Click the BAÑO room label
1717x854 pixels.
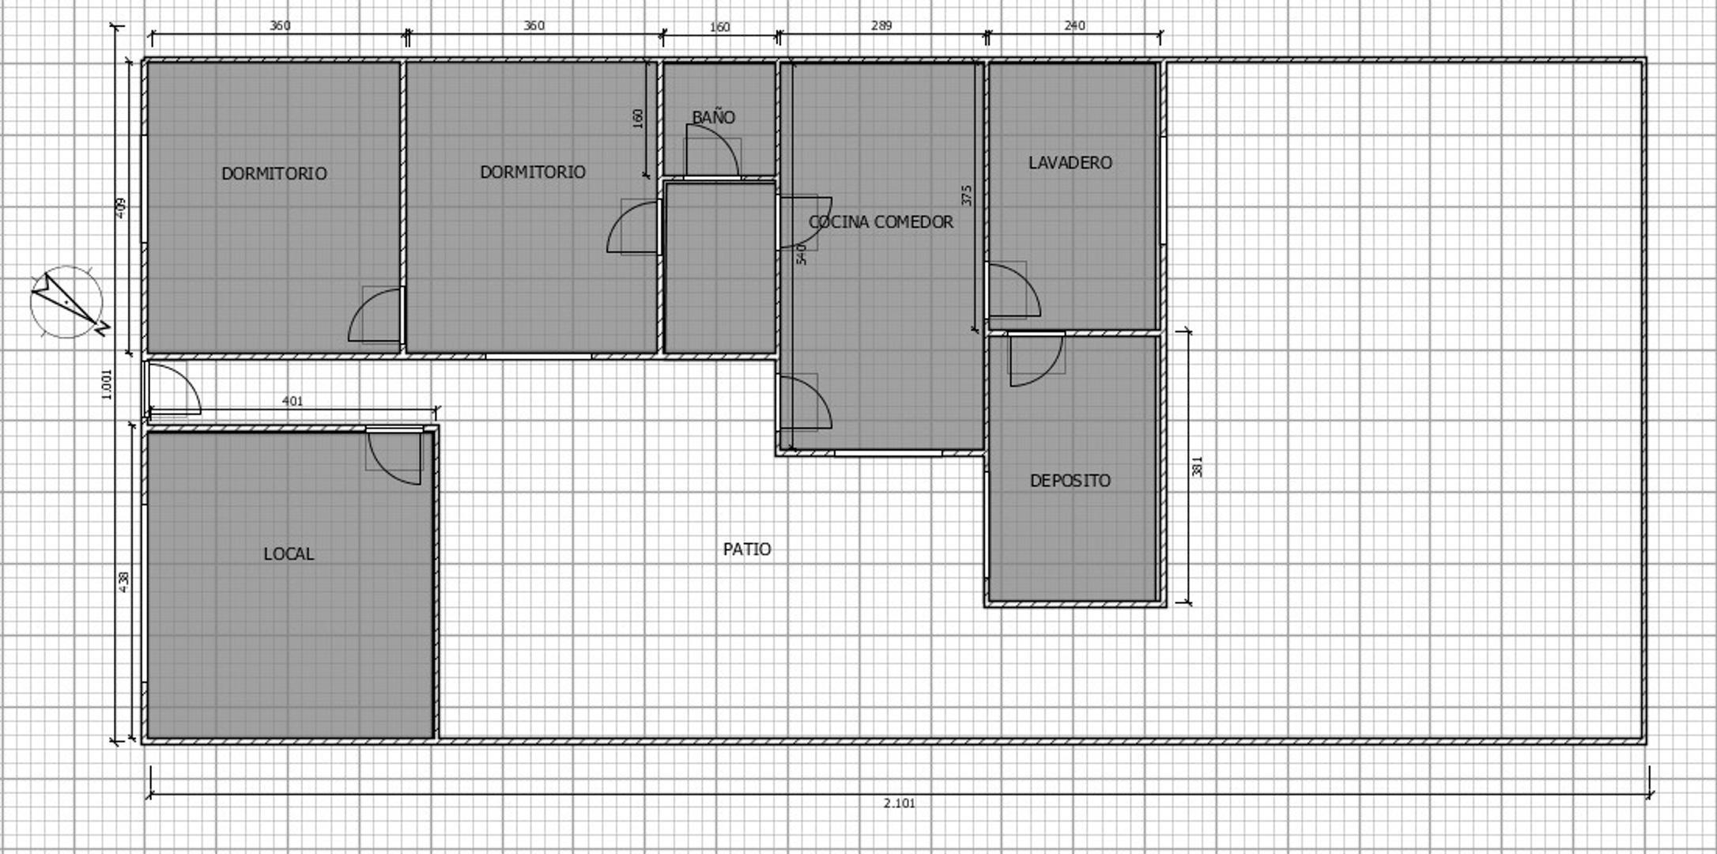(713, 118)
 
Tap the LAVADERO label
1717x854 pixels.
(1070, 163)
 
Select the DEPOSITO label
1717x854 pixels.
(1070, 481)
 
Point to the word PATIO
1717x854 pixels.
(746, 550)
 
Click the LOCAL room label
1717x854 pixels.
(288, 554)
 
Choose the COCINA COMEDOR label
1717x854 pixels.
(881, 222)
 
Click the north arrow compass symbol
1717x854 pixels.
(68, 302)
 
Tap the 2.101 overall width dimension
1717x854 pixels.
(899, 803)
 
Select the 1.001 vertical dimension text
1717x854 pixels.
(108, 384)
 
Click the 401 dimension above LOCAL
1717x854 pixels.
(292, 402)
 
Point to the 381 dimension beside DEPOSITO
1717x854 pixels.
(1197, 467)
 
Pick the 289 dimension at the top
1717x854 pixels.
(881, 26)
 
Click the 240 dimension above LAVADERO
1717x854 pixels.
(1074, 26)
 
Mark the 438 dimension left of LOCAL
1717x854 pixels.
(124, 583)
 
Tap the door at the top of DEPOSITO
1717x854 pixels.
(1036, 360)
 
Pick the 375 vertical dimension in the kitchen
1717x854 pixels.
(967, 195)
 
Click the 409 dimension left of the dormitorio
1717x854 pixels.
(121, 208)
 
